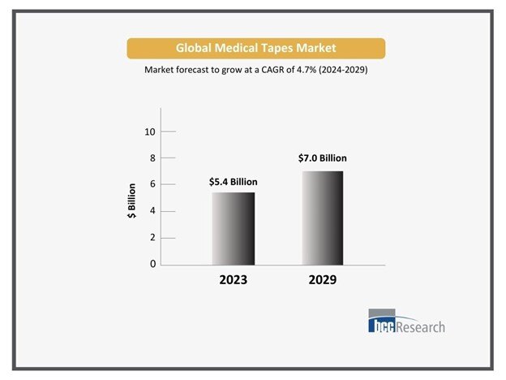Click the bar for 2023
coord(233,228)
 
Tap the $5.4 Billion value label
coord(233,182)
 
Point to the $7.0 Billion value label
coord(323,158)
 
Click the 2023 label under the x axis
coord(233,280)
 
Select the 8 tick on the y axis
coord(151,158)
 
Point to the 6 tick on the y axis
coord(151,185)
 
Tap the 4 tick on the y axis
coord(151,211)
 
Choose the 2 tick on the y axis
coord(151,238)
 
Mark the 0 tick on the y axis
coord(151,265)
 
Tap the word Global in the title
coord(195,48)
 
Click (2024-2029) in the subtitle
coord(341,71)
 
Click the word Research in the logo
coord(419,326)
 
